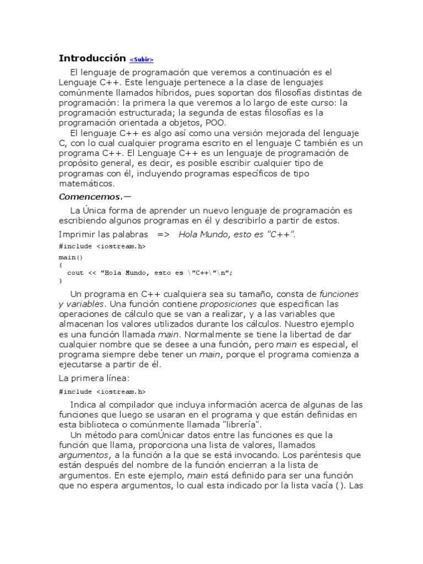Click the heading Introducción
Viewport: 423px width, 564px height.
pos(93,58)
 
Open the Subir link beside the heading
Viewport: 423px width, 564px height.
pos(142,59)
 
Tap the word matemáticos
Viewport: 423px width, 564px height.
pos(86,183)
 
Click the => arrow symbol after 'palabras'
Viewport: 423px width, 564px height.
pos(164,234)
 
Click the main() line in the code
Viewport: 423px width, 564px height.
pos(70,257)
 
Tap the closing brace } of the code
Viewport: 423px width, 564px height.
pos(61,280)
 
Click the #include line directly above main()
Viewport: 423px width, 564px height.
pos(102,246)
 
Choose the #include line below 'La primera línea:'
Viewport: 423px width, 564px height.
pos(102,392)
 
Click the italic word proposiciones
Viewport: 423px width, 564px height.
pos(228,304)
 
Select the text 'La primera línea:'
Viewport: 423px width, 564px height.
pos(93,378)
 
